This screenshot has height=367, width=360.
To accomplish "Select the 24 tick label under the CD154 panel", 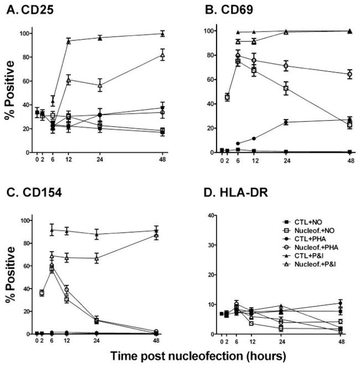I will coord(97,342).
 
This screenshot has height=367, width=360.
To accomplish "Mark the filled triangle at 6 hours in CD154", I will coord(52,230).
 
